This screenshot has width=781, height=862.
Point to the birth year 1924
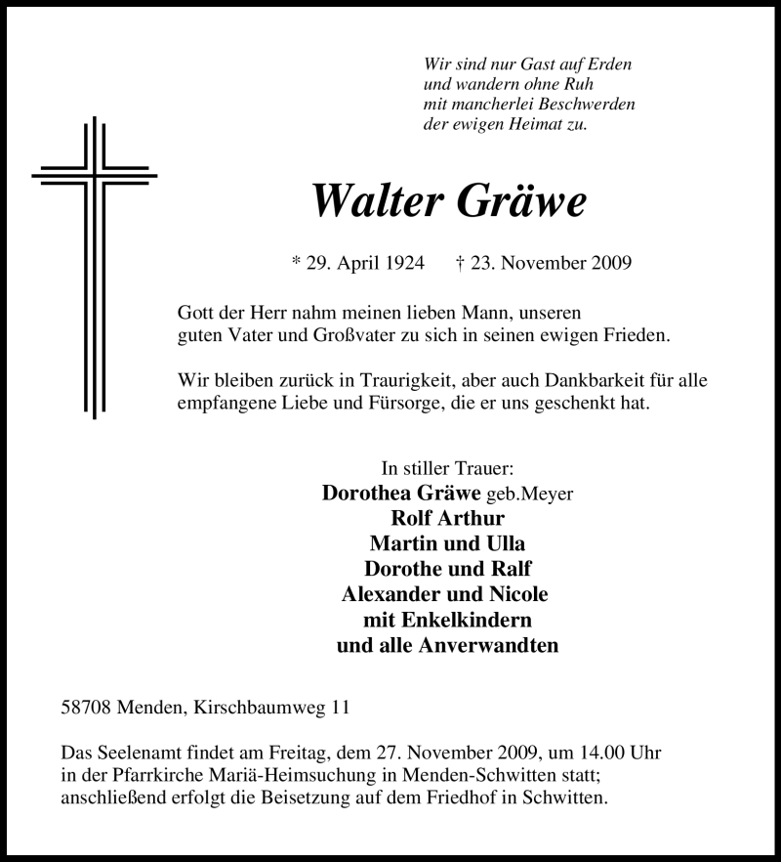403,263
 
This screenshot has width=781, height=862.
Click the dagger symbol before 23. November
460,263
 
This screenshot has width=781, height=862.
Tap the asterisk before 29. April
297,264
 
